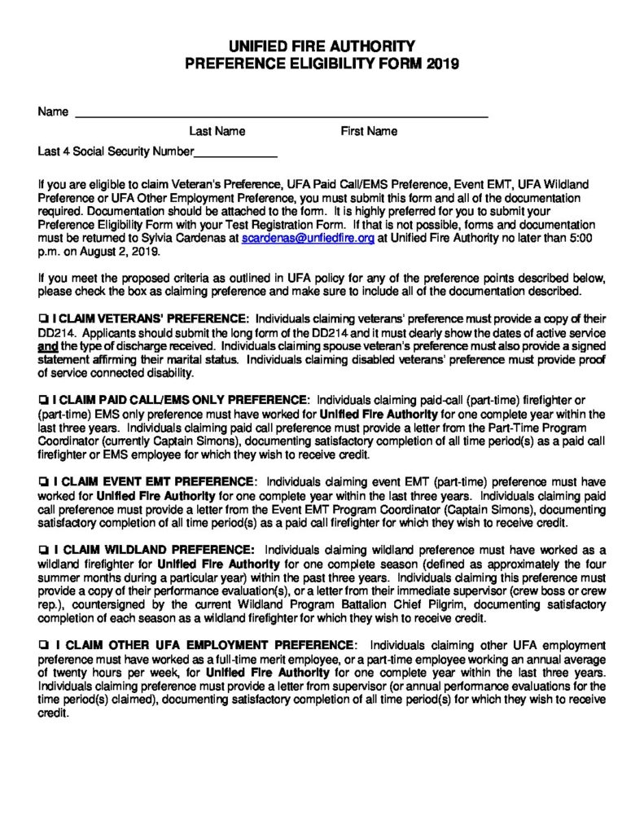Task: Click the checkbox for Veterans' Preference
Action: coord(42,316)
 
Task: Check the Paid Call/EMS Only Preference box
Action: coord(42,401)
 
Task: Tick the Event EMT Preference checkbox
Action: coord(42,480)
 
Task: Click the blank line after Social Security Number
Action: coord(236,152)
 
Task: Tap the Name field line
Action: coord(281,114)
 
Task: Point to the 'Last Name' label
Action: coord(217,131)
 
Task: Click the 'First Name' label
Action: coord(369,131)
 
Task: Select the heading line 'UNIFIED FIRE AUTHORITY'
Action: coord(322,46)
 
